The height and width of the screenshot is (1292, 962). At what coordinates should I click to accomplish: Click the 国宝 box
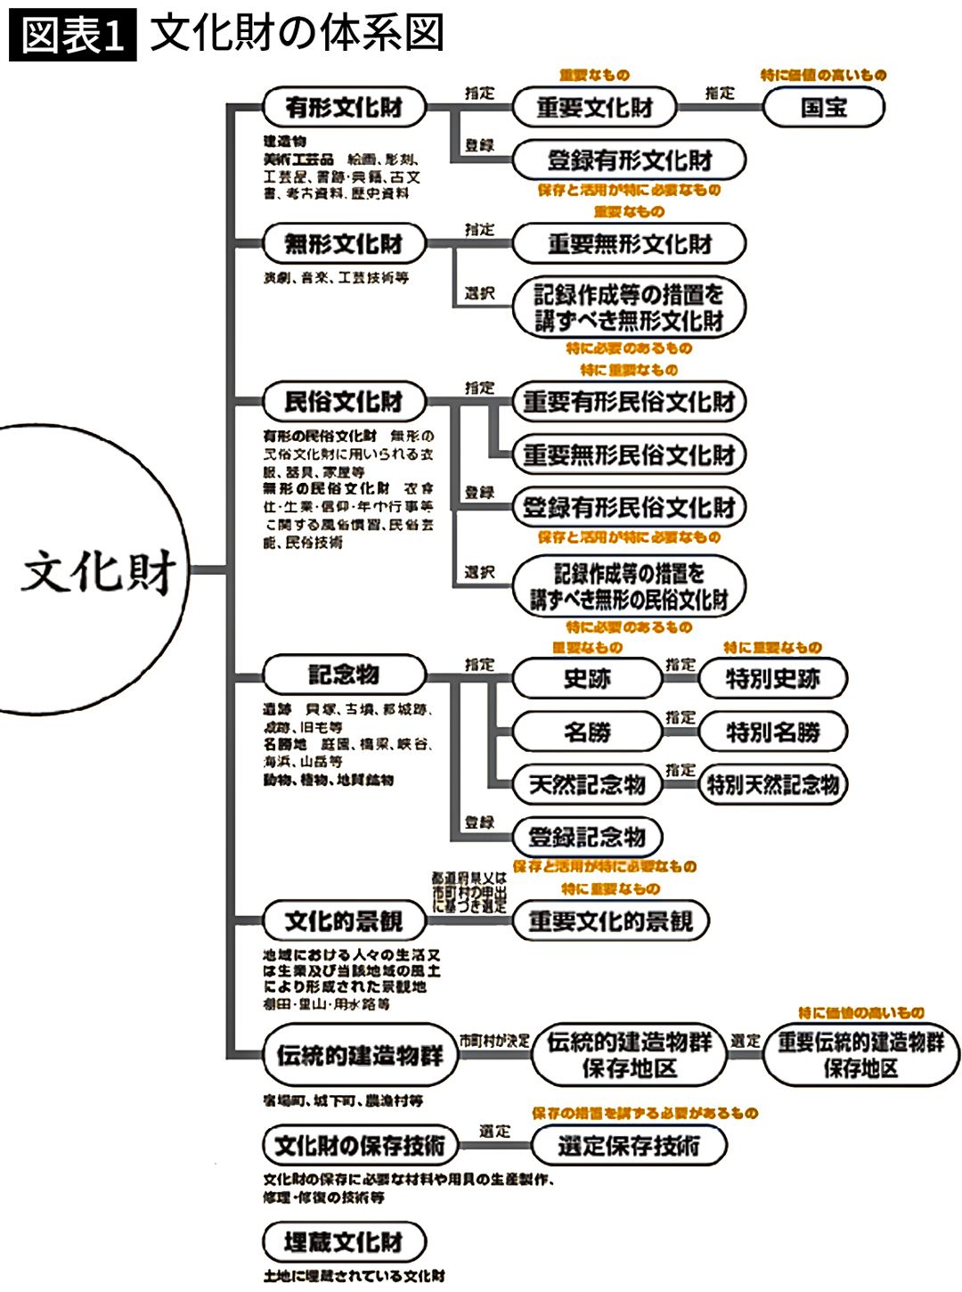pyautogui.click(x=824, y=108)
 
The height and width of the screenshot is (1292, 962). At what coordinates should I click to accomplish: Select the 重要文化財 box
pyautogui.click(x=594, y=108)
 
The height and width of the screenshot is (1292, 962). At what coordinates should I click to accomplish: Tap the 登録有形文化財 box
pyautogui.click(x=629, y=160)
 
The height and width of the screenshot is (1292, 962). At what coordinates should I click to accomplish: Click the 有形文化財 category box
pyautogui.click(x=344, y=108)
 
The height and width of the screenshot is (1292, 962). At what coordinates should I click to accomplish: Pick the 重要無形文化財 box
pyautogui.click(x=629, y=243)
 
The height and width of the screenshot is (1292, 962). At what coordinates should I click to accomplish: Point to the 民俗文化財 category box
pyautogui.click(x=344, y=402)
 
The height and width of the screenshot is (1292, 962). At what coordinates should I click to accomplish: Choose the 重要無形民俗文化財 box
pyautogui.click(x=629, y=455)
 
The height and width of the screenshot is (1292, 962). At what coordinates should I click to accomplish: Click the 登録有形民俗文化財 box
pyautogui.click(x=629, y=508)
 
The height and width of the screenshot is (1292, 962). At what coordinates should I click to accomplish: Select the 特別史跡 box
pyautogui.click(x=772, y=679)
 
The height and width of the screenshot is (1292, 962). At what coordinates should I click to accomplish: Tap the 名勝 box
pyautogui.click(x=587, y=732)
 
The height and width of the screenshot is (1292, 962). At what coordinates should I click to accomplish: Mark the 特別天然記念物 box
pyautogui.click(x=772, y=785)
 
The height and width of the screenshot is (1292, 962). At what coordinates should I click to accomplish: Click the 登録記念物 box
pyautogui.click(x=587, y=837)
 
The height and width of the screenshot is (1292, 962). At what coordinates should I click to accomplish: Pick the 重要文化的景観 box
pyautogui.click(x=610, y=920)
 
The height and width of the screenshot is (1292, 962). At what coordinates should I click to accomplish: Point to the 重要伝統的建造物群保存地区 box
pyautogui.click(x=860, y=1055)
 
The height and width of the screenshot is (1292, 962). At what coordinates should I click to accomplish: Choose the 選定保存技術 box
pyautogui.click(x=629, y=1146)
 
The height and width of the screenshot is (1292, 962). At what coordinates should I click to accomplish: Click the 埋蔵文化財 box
pyautogui.click(x=344, y=1242)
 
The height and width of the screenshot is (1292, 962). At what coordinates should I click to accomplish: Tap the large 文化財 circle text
pyautogui.click(x=98, y=570)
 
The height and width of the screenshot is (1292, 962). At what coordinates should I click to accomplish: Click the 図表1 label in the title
pyautogui.click(x=73, y=37)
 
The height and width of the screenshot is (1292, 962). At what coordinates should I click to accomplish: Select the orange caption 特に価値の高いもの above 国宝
pyautogui.click(x=823, y=76)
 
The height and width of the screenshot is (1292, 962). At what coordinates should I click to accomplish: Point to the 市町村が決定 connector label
pyautogui.click(x=494, y=1041)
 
